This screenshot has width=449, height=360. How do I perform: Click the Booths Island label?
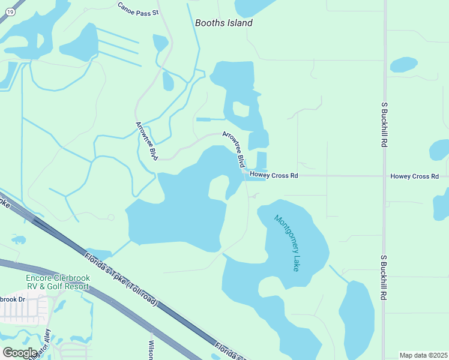pos(224,23)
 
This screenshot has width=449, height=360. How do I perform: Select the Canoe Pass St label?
pos(138,8)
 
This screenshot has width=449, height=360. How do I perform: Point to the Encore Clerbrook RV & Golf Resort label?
pos(58,282)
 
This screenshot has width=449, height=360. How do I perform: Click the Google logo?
pos(20,352)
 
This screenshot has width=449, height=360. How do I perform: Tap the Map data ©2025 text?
pos(423,355)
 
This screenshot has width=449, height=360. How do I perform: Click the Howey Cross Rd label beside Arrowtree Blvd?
pos(274,176)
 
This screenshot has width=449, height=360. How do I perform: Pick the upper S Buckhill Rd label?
pos(384,125)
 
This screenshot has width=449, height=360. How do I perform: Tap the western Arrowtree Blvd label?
pos(147,141)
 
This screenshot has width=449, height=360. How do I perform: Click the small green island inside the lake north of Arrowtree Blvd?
pos(240,109)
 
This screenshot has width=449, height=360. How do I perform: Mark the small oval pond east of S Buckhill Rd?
pos(403,64)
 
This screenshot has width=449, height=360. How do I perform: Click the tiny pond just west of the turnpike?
pos(19,239)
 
